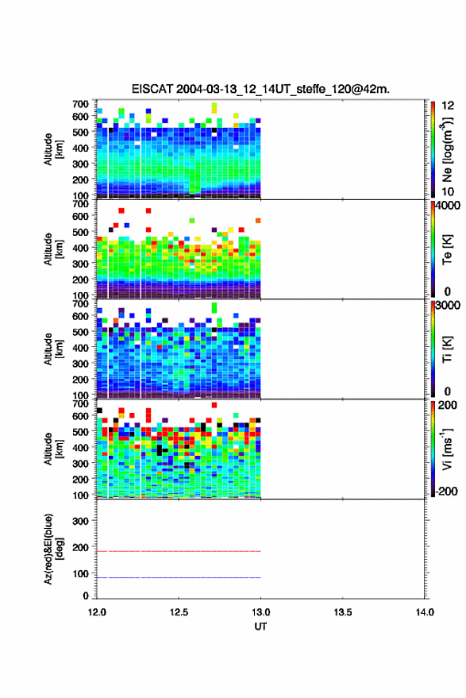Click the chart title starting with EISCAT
[260, 89]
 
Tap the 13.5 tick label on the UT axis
[342, 612]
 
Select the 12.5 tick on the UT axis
[179, 612]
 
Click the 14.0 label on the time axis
[425, 612]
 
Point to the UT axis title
[260, 627]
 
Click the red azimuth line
[179, 552]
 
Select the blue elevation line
[179, 578]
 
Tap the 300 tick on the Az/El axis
[80, 521]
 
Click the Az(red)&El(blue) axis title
[53, 549]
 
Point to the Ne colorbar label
[447, 149]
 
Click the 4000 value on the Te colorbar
[449, 206]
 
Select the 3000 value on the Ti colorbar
[449, 306]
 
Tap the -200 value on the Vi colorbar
[446, 492]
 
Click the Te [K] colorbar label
[447, 249]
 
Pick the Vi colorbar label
[447, 449]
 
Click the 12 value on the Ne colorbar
[448, 106]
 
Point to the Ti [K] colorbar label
[447, 349]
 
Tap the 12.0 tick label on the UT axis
[97, 612]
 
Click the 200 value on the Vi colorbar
[447, 405]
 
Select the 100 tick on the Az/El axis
[80, 574]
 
